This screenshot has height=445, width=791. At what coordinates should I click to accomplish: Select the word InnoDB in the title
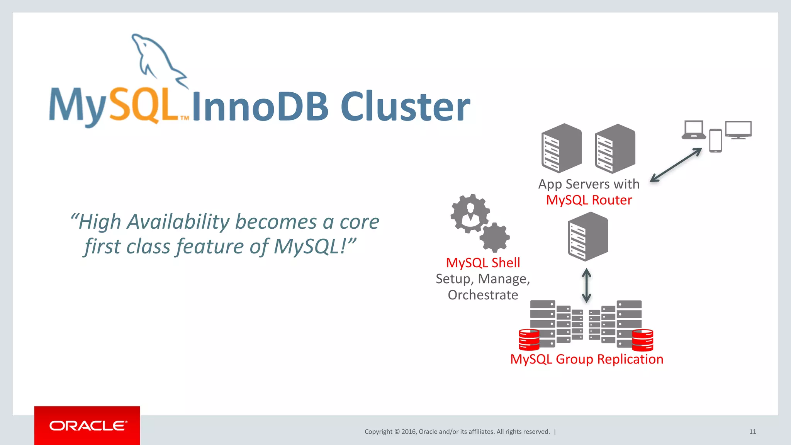(260, 107)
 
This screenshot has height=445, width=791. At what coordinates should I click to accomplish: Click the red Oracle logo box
(87, 425)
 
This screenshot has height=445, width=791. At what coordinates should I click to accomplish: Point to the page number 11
(752, 431)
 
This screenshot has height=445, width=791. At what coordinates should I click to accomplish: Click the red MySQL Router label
(589, 200)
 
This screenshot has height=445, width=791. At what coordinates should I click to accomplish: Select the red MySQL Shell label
(483, 263)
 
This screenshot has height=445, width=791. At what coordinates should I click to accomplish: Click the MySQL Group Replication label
(586, 359)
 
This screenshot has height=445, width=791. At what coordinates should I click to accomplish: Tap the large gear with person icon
(470, 213)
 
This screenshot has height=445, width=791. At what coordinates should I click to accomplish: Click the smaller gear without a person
(495, 238)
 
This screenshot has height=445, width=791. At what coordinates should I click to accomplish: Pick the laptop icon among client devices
(694, 130)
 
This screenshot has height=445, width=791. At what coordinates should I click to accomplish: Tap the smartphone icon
(715, 141)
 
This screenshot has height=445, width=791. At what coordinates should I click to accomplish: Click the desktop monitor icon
(738, 129)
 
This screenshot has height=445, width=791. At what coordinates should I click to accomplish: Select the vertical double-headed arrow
(586, 285)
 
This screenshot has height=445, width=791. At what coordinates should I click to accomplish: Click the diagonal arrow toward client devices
(676, 165)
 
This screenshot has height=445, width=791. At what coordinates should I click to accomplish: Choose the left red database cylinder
(529, 340)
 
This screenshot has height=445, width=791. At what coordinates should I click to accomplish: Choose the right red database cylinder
(642, 340)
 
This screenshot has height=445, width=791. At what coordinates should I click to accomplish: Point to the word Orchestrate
(483, 295)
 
